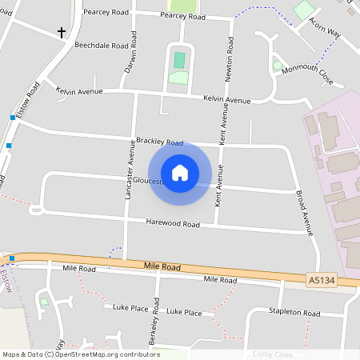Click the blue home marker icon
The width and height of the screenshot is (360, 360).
pyautogui.click(x=180, y=173)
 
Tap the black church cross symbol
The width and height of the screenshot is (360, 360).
pyautogui.click(x=62, y=33)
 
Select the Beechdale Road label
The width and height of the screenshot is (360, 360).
pyautogui.click(x=101, y=46)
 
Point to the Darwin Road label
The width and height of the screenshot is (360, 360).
pyautogui.click(x=130, y=55)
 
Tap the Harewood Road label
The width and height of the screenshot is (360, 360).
pyautogui.click(x=172, y=225)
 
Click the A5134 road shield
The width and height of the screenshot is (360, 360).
pyautogui.click(x=320, y=280)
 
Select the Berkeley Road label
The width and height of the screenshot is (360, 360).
pyautogui.click(x=156, y=322)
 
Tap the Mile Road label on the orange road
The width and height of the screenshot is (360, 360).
pyautogui.click(x=163, y=266)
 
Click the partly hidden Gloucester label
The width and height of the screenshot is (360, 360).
pyautogui.click(x=147, y=181)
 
